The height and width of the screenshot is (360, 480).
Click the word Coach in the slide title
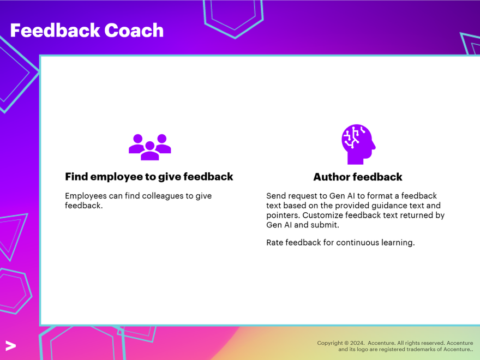[134, 31]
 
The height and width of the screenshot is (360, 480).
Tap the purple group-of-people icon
[149, 147]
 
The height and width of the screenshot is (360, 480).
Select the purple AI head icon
[358, 144]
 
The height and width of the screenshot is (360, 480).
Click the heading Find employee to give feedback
[149, 177]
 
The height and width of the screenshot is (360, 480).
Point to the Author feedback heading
[358, 177]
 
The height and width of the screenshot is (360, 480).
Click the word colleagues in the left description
[170, 196]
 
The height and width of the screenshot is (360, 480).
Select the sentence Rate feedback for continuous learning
[340, 243]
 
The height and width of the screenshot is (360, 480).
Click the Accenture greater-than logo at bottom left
[10, 345]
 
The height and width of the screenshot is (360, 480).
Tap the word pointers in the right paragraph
[282, 215]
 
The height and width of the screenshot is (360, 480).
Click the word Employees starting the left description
[86, 196]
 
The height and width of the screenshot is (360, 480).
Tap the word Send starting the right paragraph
[276, 196]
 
